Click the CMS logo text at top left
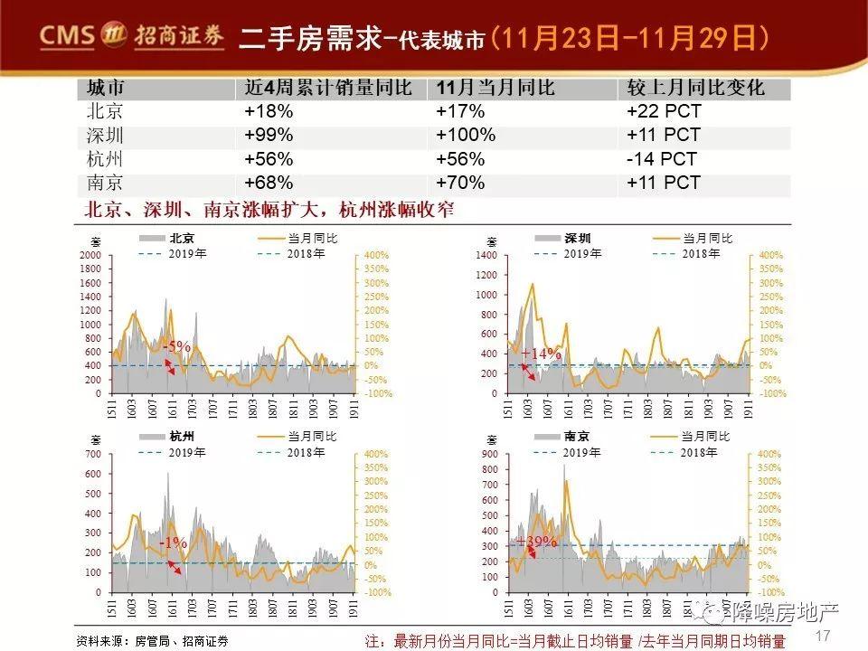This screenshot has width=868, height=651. [65, 36]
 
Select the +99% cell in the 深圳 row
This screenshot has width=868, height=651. [269, 136]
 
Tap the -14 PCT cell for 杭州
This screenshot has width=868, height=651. [661, 159]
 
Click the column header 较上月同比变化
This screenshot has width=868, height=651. [694, 89]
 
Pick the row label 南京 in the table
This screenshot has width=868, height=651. [105, 183]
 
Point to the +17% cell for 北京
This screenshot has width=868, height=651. [460, 112]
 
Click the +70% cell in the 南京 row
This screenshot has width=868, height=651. [460, 183]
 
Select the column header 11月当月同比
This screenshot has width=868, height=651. [495, 89]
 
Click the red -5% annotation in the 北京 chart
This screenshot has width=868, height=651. [177, 346]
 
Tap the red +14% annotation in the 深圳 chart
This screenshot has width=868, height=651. [541, 354]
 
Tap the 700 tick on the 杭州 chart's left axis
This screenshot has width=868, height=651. [93, 454]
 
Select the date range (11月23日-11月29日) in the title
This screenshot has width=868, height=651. [629, 38]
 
